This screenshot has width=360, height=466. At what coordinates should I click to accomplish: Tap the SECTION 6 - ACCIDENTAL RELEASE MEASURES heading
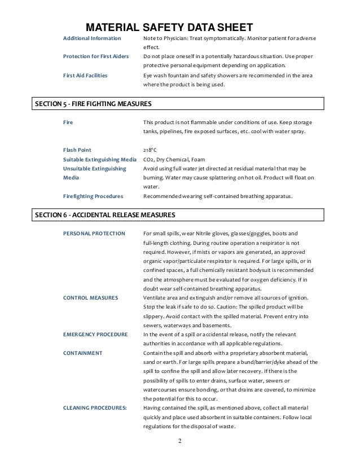(106, 215)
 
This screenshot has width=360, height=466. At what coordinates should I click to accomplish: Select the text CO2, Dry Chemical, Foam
(175, 160)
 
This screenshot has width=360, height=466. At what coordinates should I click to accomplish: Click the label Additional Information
(91, 38)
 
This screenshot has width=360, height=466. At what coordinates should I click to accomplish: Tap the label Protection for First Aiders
(96, 56)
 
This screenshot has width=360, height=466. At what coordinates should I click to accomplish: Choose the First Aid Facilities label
(86, 75)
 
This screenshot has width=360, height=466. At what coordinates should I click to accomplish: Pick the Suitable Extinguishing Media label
(99, 160)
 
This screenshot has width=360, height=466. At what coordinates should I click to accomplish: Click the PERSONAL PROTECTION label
(94, 234)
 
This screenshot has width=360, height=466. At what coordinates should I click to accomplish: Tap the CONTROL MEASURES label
(90, 298)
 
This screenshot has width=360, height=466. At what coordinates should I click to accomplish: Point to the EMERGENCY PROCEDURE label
(96, 335)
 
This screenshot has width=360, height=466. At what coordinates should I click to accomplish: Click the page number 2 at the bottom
(180, 441)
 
